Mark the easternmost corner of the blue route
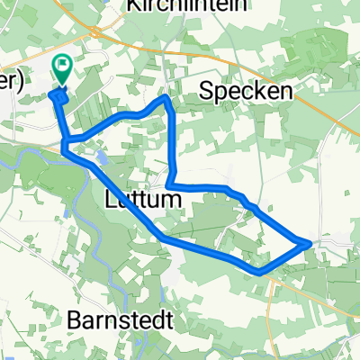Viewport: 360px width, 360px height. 310,242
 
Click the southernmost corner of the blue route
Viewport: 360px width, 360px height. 258,270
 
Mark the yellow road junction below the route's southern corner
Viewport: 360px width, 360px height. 270,279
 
